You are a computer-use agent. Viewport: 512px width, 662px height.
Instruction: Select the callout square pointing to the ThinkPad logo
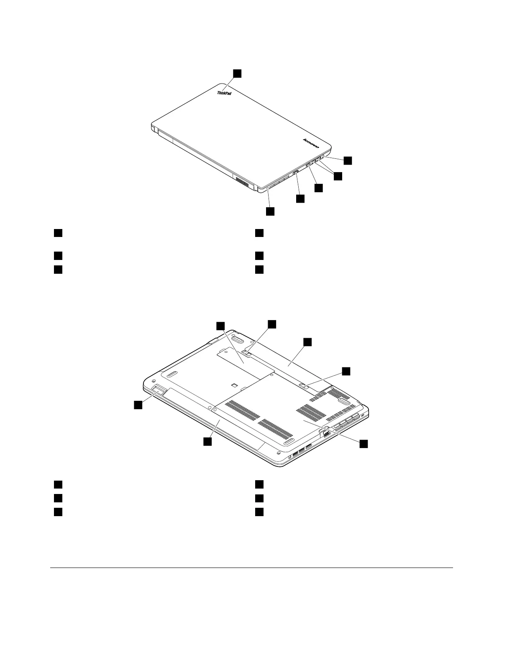pos(237,73)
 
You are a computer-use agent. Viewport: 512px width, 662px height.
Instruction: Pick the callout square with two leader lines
pos(338,176)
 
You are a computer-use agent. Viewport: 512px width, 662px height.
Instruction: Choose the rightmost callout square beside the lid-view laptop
pos(348,160)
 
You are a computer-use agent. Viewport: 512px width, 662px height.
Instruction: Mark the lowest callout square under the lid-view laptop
pos(271,211)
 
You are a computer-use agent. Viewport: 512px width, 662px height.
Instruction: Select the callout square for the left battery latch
pos(272,324)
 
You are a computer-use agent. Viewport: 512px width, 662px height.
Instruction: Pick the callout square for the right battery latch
pos(346,371)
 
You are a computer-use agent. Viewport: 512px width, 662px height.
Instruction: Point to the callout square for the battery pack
pos(307,342)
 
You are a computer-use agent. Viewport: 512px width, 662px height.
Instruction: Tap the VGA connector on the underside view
pos(326,433)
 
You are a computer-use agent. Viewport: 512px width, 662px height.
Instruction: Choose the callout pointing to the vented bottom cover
pos(364,444)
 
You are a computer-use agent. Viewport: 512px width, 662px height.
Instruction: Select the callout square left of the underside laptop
pos(138,404)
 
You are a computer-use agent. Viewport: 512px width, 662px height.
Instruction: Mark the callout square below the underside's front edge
pos(207,442)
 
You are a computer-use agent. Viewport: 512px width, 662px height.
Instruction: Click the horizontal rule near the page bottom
pos(251,568)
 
